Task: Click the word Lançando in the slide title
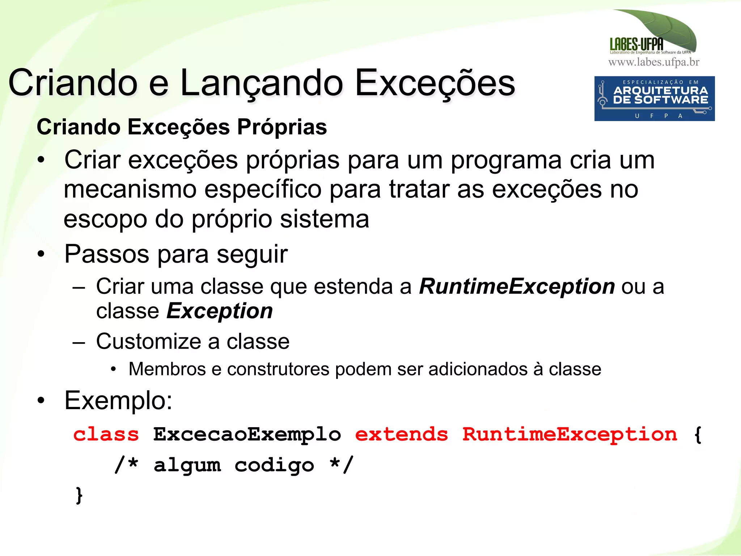(261, 84)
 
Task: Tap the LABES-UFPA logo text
(636, 44)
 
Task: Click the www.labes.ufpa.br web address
(654, 62)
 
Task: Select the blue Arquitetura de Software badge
(654, 98)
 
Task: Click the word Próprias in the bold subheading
(282, 127)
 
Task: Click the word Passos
(106, 254)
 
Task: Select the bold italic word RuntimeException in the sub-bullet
(517, 287)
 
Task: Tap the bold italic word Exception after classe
(220, 311)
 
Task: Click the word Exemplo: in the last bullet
(118, 401)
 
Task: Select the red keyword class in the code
(106, 434)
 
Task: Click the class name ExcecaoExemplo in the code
(247, 434)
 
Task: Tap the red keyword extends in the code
(401, 434)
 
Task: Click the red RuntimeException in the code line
(569, 434)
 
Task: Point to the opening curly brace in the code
(698, 434)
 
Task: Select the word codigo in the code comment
(274, 466)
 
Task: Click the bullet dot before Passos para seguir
(41, 254)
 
